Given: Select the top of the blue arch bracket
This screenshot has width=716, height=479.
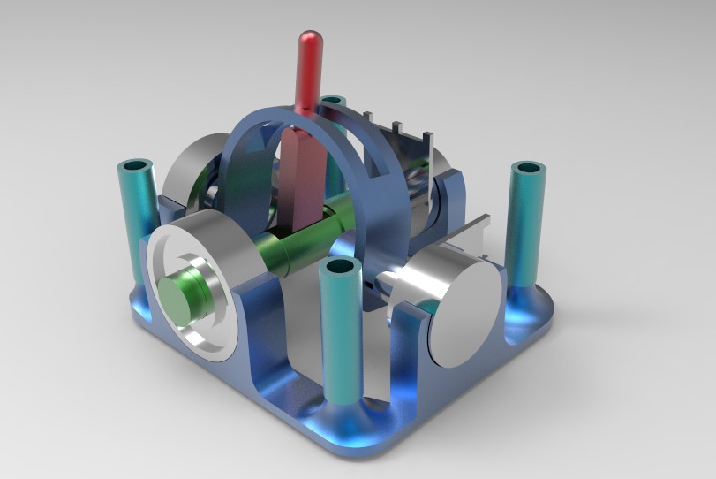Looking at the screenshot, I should pyautogui.click(x=291, y=112).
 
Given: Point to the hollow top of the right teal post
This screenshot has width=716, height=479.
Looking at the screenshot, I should pyautogui.click(x=530, y=167).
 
